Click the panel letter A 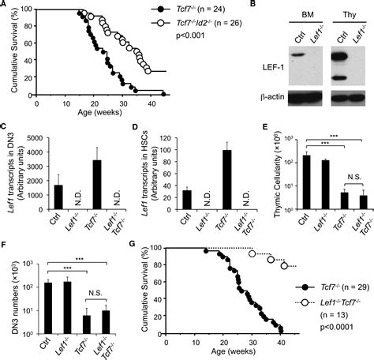pos(6,7)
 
